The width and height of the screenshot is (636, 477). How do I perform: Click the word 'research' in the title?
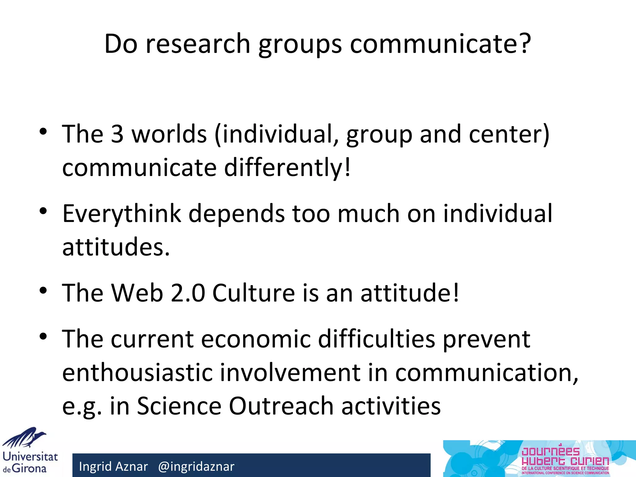198,44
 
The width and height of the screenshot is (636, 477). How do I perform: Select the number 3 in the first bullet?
117,134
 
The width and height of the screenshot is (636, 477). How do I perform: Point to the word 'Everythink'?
122,214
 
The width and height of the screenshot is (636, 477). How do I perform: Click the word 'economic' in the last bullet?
256,339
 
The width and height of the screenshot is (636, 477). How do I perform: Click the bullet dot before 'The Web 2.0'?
43,291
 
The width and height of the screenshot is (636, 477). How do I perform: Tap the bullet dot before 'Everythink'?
43,211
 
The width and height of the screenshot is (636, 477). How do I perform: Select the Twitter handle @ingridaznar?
196,466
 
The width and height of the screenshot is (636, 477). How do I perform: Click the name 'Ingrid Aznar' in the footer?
113,466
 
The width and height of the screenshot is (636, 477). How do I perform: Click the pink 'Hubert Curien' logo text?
565,461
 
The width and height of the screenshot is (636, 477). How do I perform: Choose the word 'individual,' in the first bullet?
276,134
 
